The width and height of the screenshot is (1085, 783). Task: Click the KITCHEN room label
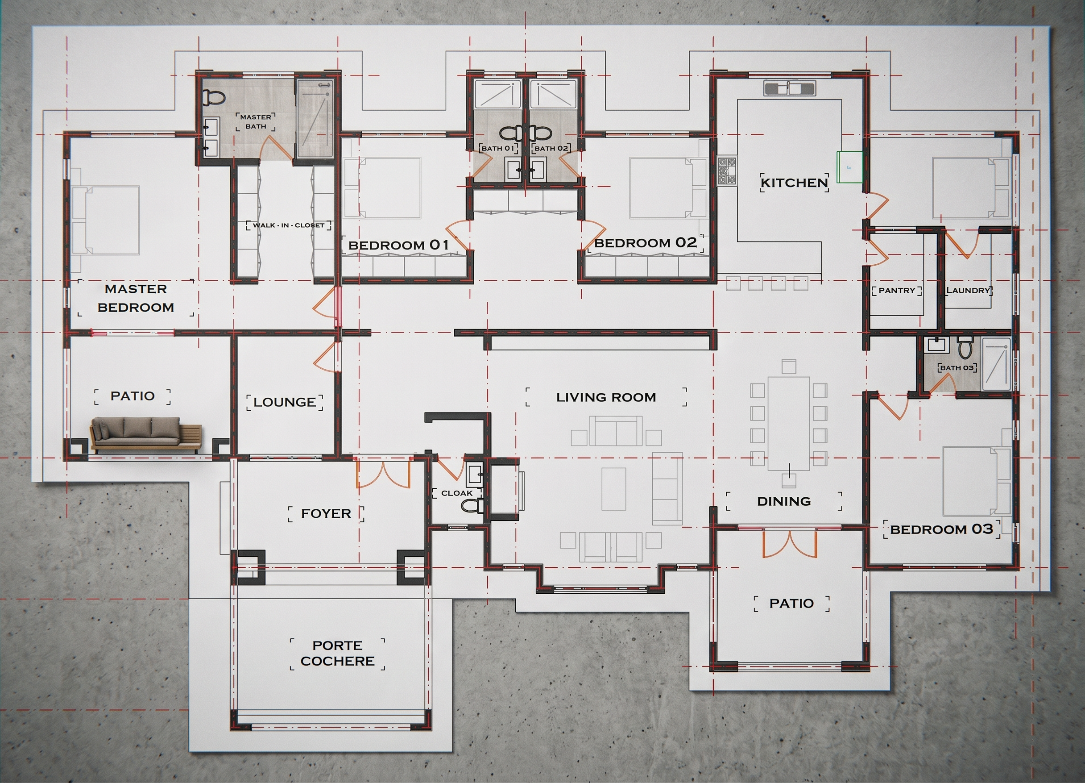[x=794, y=182]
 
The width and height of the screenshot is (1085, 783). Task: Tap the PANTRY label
[x=897, y=291]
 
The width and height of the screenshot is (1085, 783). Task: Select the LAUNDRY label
[x=968, y=290]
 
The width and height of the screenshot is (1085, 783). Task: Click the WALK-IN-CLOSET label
[x=289, y=225]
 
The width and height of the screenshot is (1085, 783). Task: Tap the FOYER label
[x=326, y=513]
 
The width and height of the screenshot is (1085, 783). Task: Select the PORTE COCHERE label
[x=337, y=653]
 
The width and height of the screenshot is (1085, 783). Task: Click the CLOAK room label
[x=457, y=493]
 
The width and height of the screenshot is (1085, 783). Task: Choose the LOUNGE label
[x=285, y=402]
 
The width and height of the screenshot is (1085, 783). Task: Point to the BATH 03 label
[x=957, y=367]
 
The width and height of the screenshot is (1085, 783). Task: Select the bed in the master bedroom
[x=105, y=220]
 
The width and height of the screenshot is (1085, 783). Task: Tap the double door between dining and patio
[x=789, y=543]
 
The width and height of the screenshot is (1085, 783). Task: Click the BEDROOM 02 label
[x=646, y=243]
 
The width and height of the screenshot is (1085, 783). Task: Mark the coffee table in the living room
[x=614, y=489]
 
